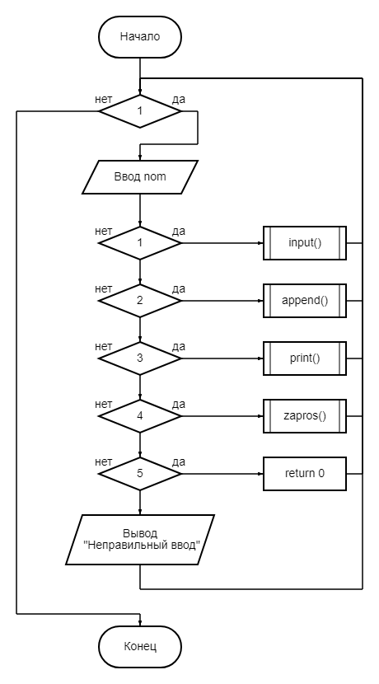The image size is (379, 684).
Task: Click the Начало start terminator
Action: tap(140, 36)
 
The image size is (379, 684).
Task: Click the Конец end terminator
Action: tap(140, 646)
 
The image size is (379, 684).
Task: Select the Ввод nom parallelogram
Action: tap(140, 177)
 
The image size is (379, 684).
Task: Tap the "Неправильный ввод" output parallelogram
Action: tap(140, 540)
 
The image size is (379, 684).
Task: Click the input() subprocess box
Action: tap(305, 243)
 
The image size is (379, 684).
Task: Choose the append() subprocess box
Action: tap(305, 301)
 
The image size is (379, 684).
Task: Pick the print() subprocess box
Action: tap(305, 358)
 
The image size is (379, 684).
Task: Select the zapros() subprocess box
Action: tap(305, 415)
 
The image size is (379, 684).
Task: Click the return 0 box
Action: tap(305, 473)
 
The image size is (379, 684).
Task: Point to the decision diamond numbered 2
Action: tap(140, 301)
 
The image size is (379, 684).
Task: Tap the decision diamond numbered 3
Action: tap(140, 358)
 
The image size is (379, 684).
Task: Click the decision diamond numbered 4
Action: tap(140, 415)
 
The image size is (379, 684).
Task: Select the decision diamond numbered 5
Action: tap(140, 473)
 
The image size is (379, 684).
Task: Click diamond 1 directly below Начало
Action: tap(140, 111)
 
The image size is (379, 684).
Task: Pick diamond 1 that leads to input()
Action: tap(140, 243)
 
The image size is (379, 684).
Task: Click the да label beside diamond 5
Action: tap(179, 461)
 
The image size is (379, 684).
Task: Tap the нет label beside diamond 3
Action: tap(103, 346)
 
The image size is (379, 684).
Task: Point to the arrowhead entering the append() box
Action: tap(261, 301)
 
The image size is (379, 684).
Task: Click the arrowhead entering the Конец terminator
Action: tap(140, 624)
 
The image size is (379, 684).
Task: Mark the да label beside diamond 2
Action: tap(179, 288)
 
